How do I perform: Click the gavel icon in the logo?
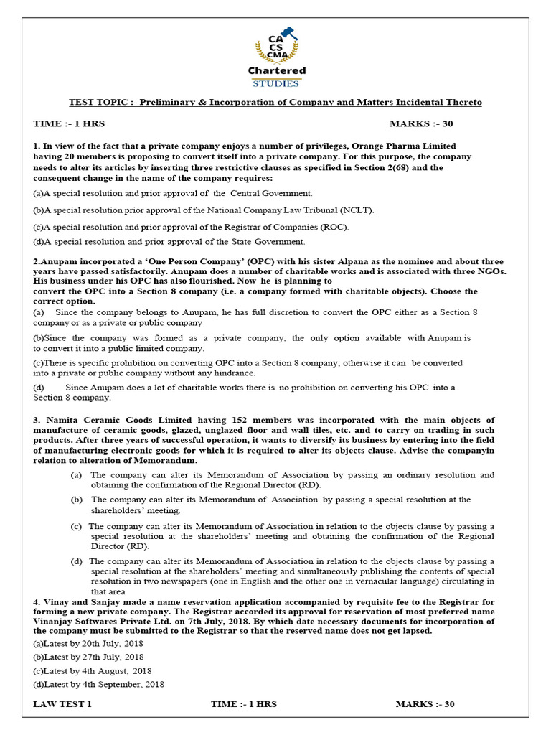tap(284, 32)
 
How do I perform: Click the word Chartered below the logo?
tap(276, 70)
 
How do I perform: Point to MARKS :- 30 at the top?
tap(421, 124)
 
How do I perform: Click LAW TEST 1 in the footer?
tap(62, 704)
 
